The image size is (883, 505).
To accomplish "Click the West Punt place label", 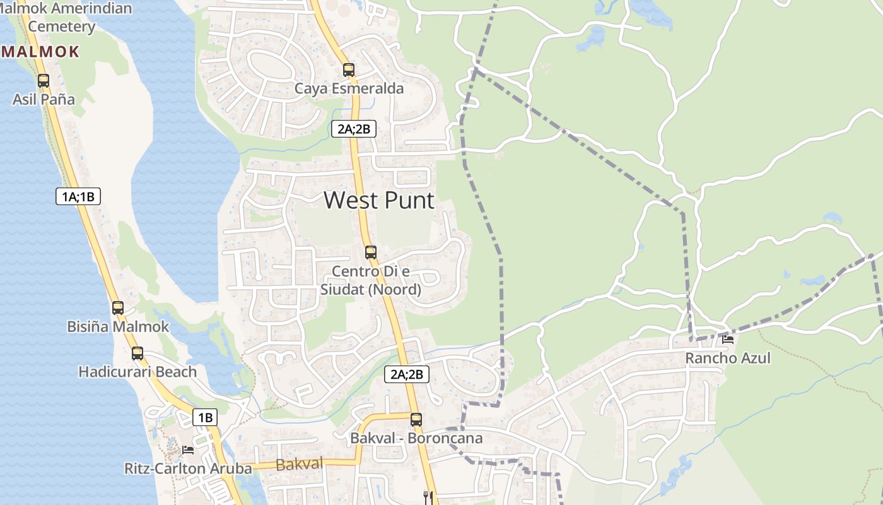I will click(x=379, y=201).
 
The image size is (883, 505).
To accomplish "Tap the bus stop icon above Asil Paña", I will click(x=44, y=81).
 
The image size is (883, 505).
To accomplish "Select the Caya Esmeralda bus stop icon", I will click(x=349, y=69).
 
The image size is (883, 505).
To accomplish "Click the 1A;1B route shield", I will click(x=78, y=196).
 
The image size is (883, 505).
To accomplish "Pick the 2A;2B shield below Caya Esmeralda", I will click(x=354, y=129).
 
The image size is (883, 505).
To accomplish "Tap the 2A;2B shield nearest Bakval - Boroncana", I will click(x=407, y=374).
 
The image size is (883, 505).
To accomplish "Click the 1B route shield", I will click(x=205, y=417).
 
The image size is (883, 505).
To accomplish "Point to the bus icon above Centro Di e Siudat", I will click(x=371, y=252).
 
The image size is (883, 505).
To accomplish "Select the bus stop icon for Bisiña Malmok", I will click(x=118, y=308).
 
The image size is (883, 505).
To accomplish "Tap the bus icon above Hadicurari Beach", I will click(x=137, y=353).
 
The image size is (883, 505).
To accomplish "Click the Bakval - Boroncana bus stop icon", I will click(x=416, y=419).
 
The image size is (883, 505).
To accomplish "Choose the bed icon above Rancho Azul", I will click(x=728, y=340).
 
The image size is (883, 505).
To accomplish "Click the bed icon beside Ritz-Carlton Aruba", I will click(x=188, y=450).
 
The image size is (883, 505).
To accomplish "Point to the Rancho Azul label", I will click(x=728, y=358).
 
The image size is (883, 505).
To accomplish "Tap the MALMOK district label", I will click(x=40, y=52).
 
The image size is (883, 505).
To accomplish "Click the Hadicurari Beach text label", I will click(x=137, y=372).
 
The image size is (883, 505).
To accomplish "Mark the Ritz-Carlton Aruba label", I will click(x=188, y=468).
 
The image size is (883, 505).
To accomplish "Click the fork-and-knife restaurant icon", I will click(x=429, y=497).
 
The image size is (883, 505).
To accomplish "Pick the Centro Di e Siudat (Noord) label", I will click(x=371, y=280).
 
